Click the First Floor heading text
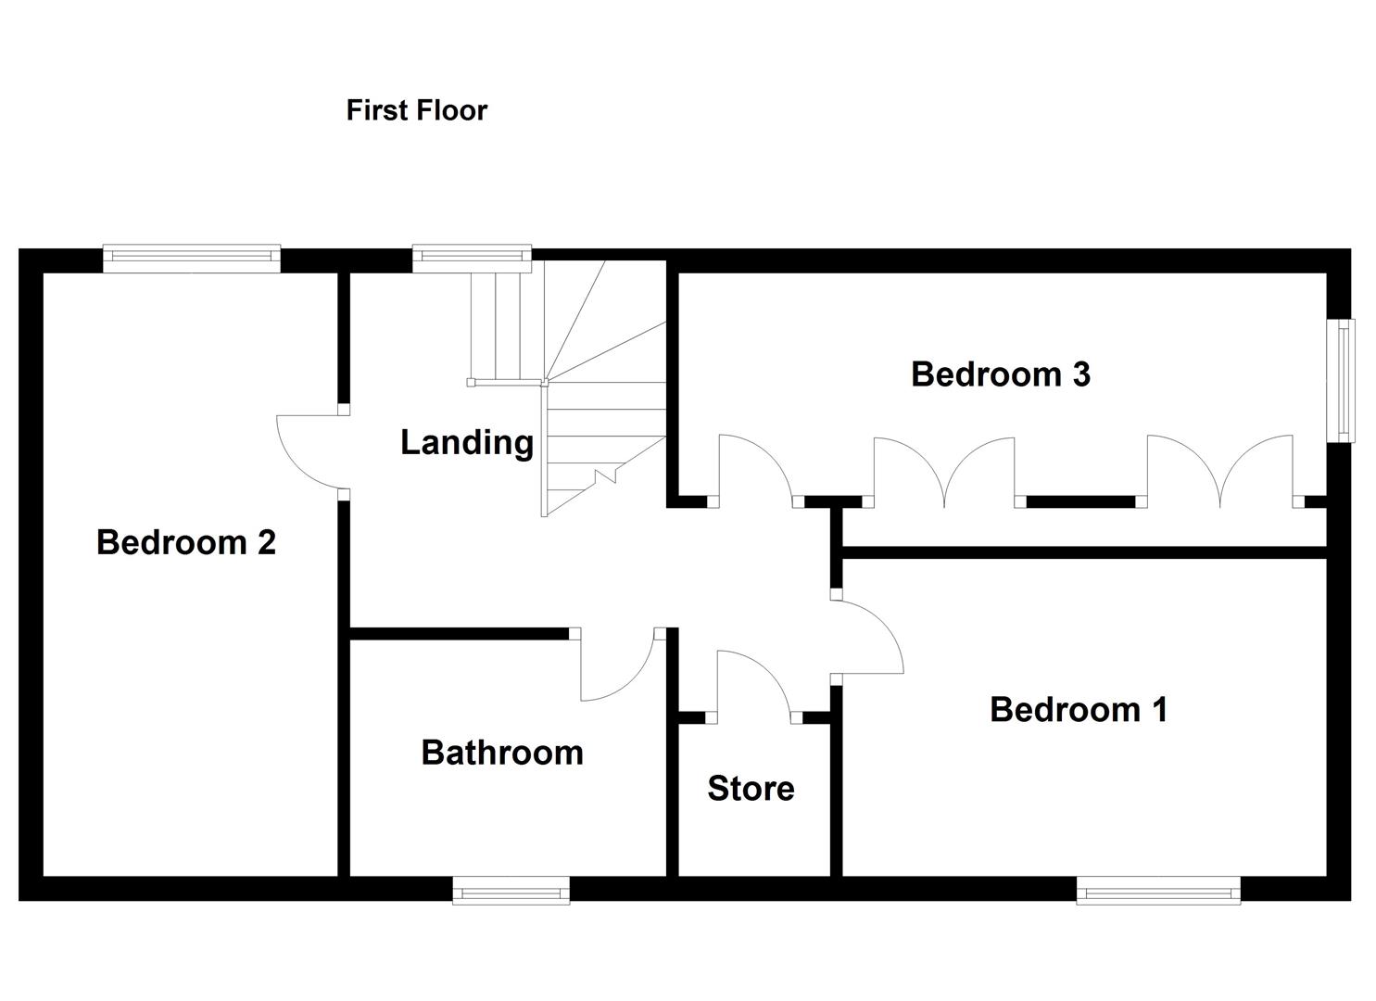[416, 110]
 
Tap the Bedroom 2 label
[186, 542]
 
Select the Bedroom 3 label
[1000, 374]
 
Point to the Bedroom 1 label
[1078, 710]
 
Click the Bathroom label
[502, 753]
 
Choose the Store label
[751, 789]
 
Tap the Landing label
[466, 443]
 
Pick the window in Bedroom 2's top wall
[191, 259]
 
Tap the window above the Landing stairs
[472, 259]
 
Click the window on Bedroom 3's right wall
[1340, 380]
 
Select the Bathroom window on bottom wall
[511, 893]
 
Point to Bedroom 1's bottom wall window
[1158, 893]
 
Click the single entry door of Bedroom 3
[756, 467]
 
